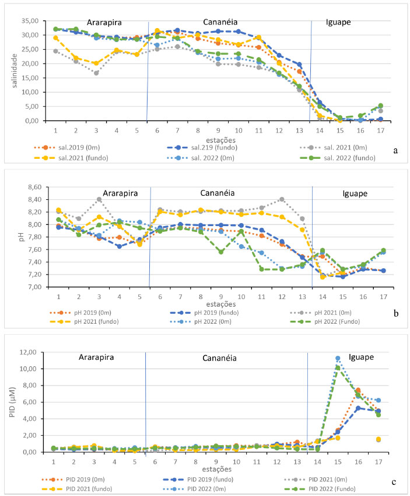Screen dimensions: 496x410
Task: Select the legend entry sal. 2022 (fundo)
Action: pyautogui.click(x=343, y=158)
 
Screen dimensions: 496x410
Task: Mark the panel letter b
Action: pyautogui.click(x=397, y=314)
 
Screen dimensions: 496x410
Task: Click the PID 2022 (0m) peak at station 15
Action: pyautogui.click(x=338, y=358)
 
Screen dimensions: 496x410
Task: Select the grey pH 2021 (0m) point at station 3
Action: pyautogui.click(x=99, y=199)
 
